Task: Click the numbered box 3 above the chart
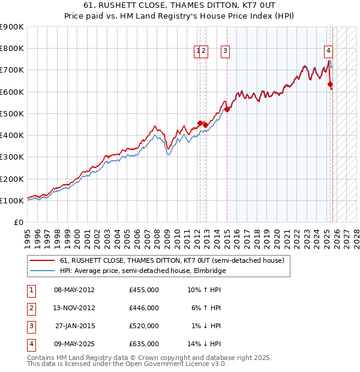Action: point(225,52)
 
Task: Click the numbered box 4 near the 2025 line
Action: point(329,52)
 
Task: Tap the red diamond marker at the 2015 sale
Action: point(227,109)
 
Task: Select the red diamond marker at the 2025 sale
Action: point(330,85)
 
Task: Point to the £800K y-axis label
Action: point(12,49)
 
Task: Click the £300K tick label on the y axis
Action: point(12,157)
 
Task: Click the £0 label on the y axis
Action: point(18,223)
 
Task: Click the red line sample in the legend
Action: point(42,261)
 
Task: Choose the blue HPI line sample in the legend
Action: point(42,271)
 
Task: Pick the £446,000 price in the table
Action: point(144,308)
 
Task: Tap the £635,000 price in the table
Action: point(144,344)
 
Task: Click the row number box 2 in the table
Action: point(31,308)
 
